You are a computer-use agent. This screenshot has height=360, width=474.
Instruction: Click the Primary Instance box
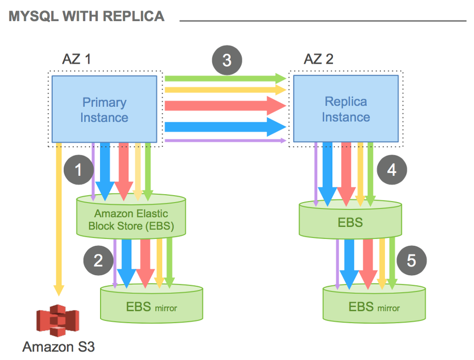click(104, 110)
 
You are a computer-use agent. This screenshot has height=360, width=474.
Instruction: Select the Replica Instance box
click(345, 109)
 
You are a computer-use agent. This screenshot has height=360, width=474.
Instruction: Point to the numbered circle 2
click(98, 260)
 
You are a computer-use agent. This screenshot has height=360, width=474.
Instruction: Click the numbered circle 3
click(226, 60)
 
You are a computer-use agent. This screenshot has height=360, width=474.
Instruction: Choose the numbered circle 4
click(392, 170)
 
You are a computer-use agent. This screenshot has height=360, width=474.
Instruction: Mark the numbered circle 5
click(411, 261)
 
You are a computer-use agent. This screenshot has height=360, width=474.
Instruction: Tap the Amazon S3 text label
click(58, 347)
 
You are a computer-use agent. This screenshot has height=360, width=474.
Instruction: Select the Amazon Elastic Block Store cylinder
click(132, 219)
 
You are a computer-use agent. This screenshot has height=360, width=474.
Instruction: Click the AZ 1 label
click(76, 59)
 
